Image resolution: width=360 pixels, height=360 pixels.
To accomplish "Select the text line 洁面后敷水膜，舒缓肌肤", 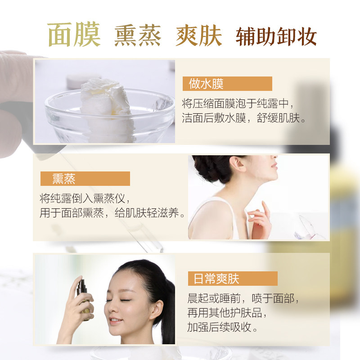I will point(244,119).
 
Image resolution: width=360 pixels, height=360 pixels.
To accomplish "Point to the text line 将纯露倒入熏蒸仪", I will point(85,198).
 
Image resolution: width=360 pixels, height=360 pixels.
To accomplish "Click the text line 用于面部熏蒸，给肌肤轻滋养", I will point(112,213).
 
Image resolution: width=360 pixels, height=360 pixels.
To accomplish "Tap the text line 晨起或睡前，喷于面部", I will point(243,299).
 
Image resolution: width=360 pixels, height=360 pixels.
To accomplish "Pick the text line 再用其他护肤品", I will point(225,313).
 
